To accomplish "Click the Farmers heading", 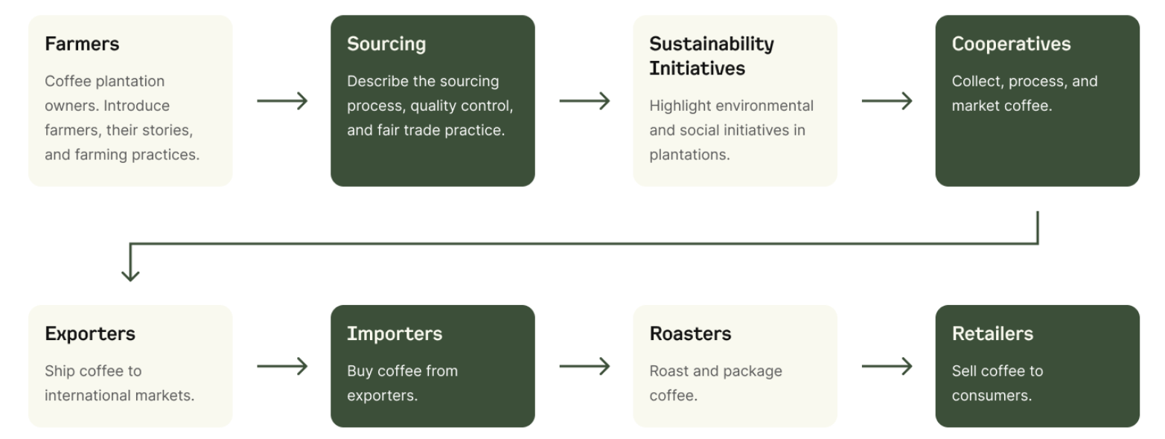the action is click(x=82, y=44).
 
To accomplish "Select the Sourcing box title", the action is click(x=386, y=45).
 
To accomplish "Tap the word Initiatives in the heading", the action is click(x=697, y=68).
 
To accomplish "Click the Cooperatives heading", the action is click(x=1011, y=45).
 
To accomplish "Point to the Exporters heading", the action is click(x=90, y=334).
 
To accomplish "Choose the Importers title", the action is click(x=395, y=334).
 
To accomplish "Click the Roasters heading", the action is click(x=690, y=334).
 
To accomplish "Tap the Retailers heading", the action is click(x=992, y=334).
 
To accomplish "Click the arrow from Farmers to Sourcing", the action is click(x=282, y=101).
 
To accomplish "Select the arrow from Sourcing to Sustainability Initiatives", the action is click(x=584, y=101).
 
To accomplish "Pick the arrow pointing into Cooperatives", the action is click(x=887, y=101).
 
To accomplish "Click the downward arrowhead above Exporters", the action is click(x=130, y=275).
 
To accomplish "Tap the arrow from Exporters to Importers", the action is click(x=282, y=366).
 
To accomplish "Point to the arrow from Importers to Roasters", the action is click(x=584, y=366).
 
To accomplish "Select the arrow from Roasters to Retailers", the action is click(x=887, y=366).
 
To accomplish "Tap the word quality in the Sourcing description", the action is click(x=430, y=106).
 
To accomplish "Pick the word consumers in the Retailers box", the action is click(x=992, y=397).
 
